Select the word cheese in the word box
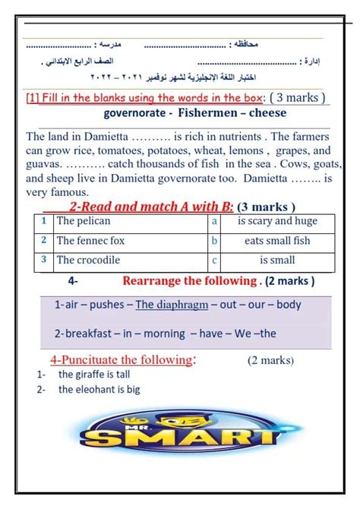265,112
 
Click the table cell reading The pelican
84,221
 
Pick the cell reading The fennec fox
90,240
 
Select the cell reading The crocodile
88,260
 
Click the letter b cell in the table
214,241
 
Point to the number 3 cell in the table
45,260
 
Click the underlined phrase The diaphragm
175,305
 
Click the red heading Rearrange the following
189,281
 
